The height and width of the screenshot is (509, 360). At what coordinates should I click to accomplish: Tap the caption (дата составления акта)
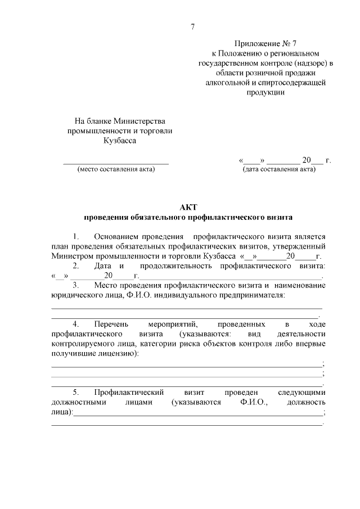[279, 169]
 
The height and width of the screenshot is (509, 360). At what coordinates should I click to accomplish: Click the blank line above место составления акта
[115, 163]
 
